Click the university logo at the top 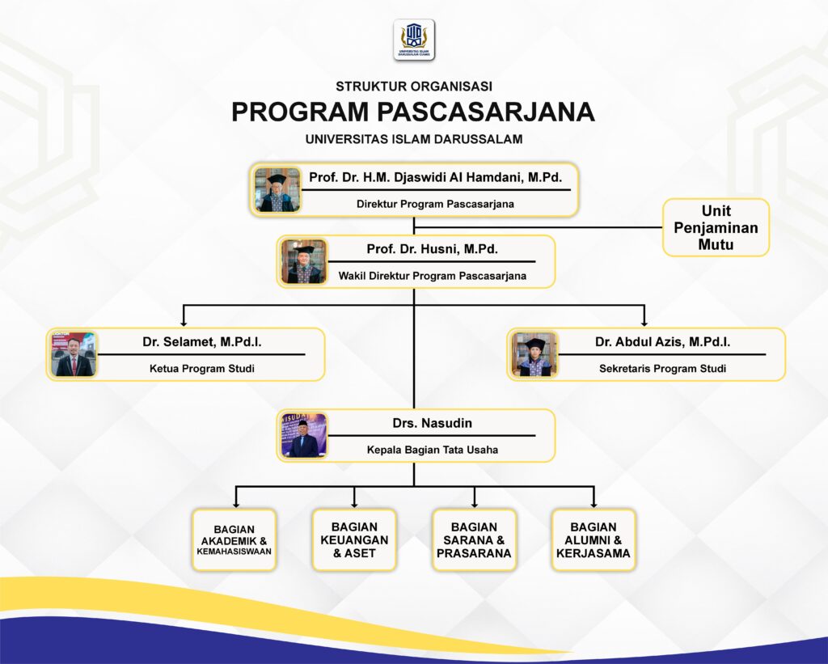coord(414,40)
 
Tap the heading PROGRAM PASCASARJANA coord(413,112)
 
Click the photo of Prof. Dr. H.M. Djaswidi coord(277,190)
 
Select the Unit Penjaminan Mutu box coord(716,227)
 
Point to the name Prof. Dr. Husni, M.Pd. coord(432,249)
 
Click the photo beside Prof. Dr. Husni coord(304,261)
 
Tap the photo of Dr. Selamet coord(74,354)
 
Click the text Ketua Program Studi coord(201,369)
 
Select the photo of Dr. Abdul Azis coord(534,354)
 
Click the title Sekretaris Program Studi coord(662,369)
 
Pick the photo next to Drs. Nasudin coord(304,435)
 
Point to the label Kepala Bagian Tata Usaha coord(431,450)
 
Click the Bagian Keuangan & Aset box coord(354,539)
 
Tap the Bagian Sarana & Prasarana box coord(474,539)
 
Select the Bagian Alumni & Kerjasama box coord(594,539)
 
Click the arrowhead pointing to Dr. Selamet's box coord(185,321)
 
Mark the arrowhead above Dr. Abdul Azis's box coord(644,321)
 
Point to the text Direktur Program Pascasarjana coord(435,204)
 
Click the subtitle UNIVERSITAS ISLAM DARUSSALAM coord(413,139)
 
